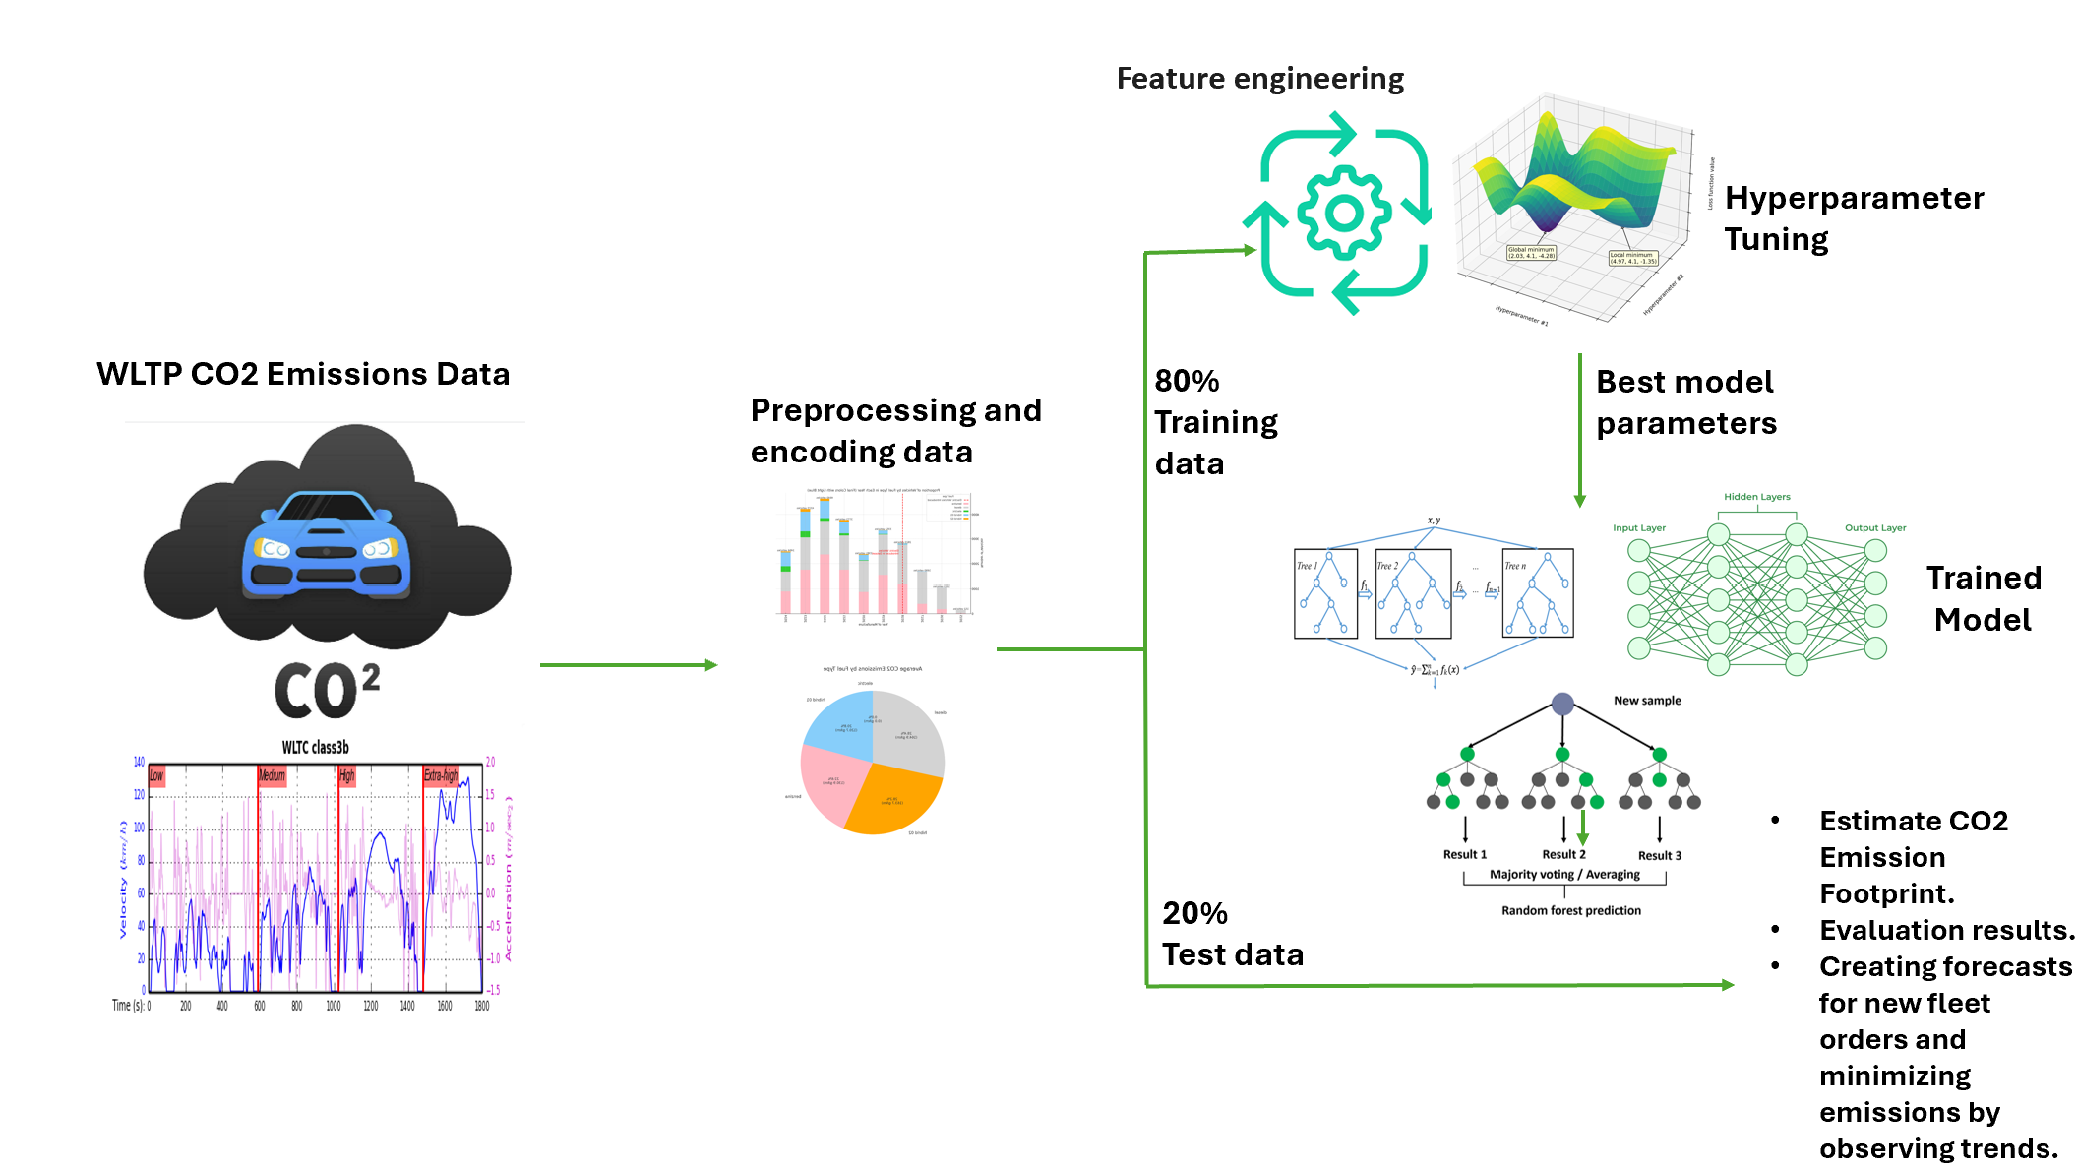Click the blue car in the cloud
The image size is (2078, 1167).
[x=326, y=546]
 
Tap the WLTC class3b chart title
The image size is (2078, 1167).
[x=315, y=748]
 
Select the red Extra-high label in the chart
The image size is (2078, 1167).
[x=441, y=775]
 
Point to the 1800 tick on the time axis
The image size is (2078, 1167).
[x=481, y=1006]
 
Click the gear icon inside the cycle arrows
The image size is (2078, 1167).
[x=1344, y=213]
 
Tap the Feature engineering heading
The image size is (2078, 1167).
[x=1259, y=79]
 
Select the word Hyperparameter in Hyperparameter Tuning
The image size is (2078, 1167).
[x=1854, y=198]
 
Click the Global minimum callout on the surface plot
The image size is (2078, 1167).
[x=1531, y=253]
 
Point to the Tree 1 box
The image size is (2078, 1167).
[x=1325, y=593]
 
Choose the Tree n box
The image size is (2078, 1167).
[x=1537, y=593]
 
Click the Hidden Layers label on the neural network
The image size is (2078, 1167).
[x=1756, y=497]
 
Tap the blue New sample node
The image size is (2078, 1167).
[x=1562, y=704]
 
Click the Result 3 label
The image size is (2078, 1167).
[x=1659, y=856]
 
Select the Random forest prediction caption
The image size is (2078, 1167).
[x=1570, y=911]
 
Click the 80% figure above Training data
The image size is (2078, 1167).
[x=1187, y=381]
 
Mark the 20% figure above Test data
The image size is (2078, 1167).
[x=1194, y=913]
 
